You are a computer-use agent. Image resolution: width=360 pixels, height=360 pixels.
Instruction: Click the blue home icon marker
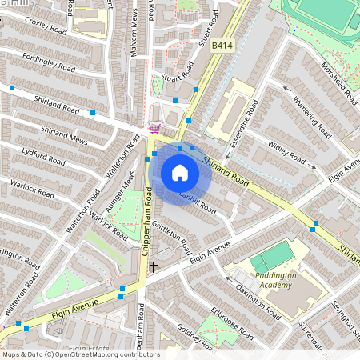(180, 173)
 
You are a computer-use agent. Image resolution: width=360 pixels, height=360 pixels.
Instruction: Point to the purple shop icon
(154, 128)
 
